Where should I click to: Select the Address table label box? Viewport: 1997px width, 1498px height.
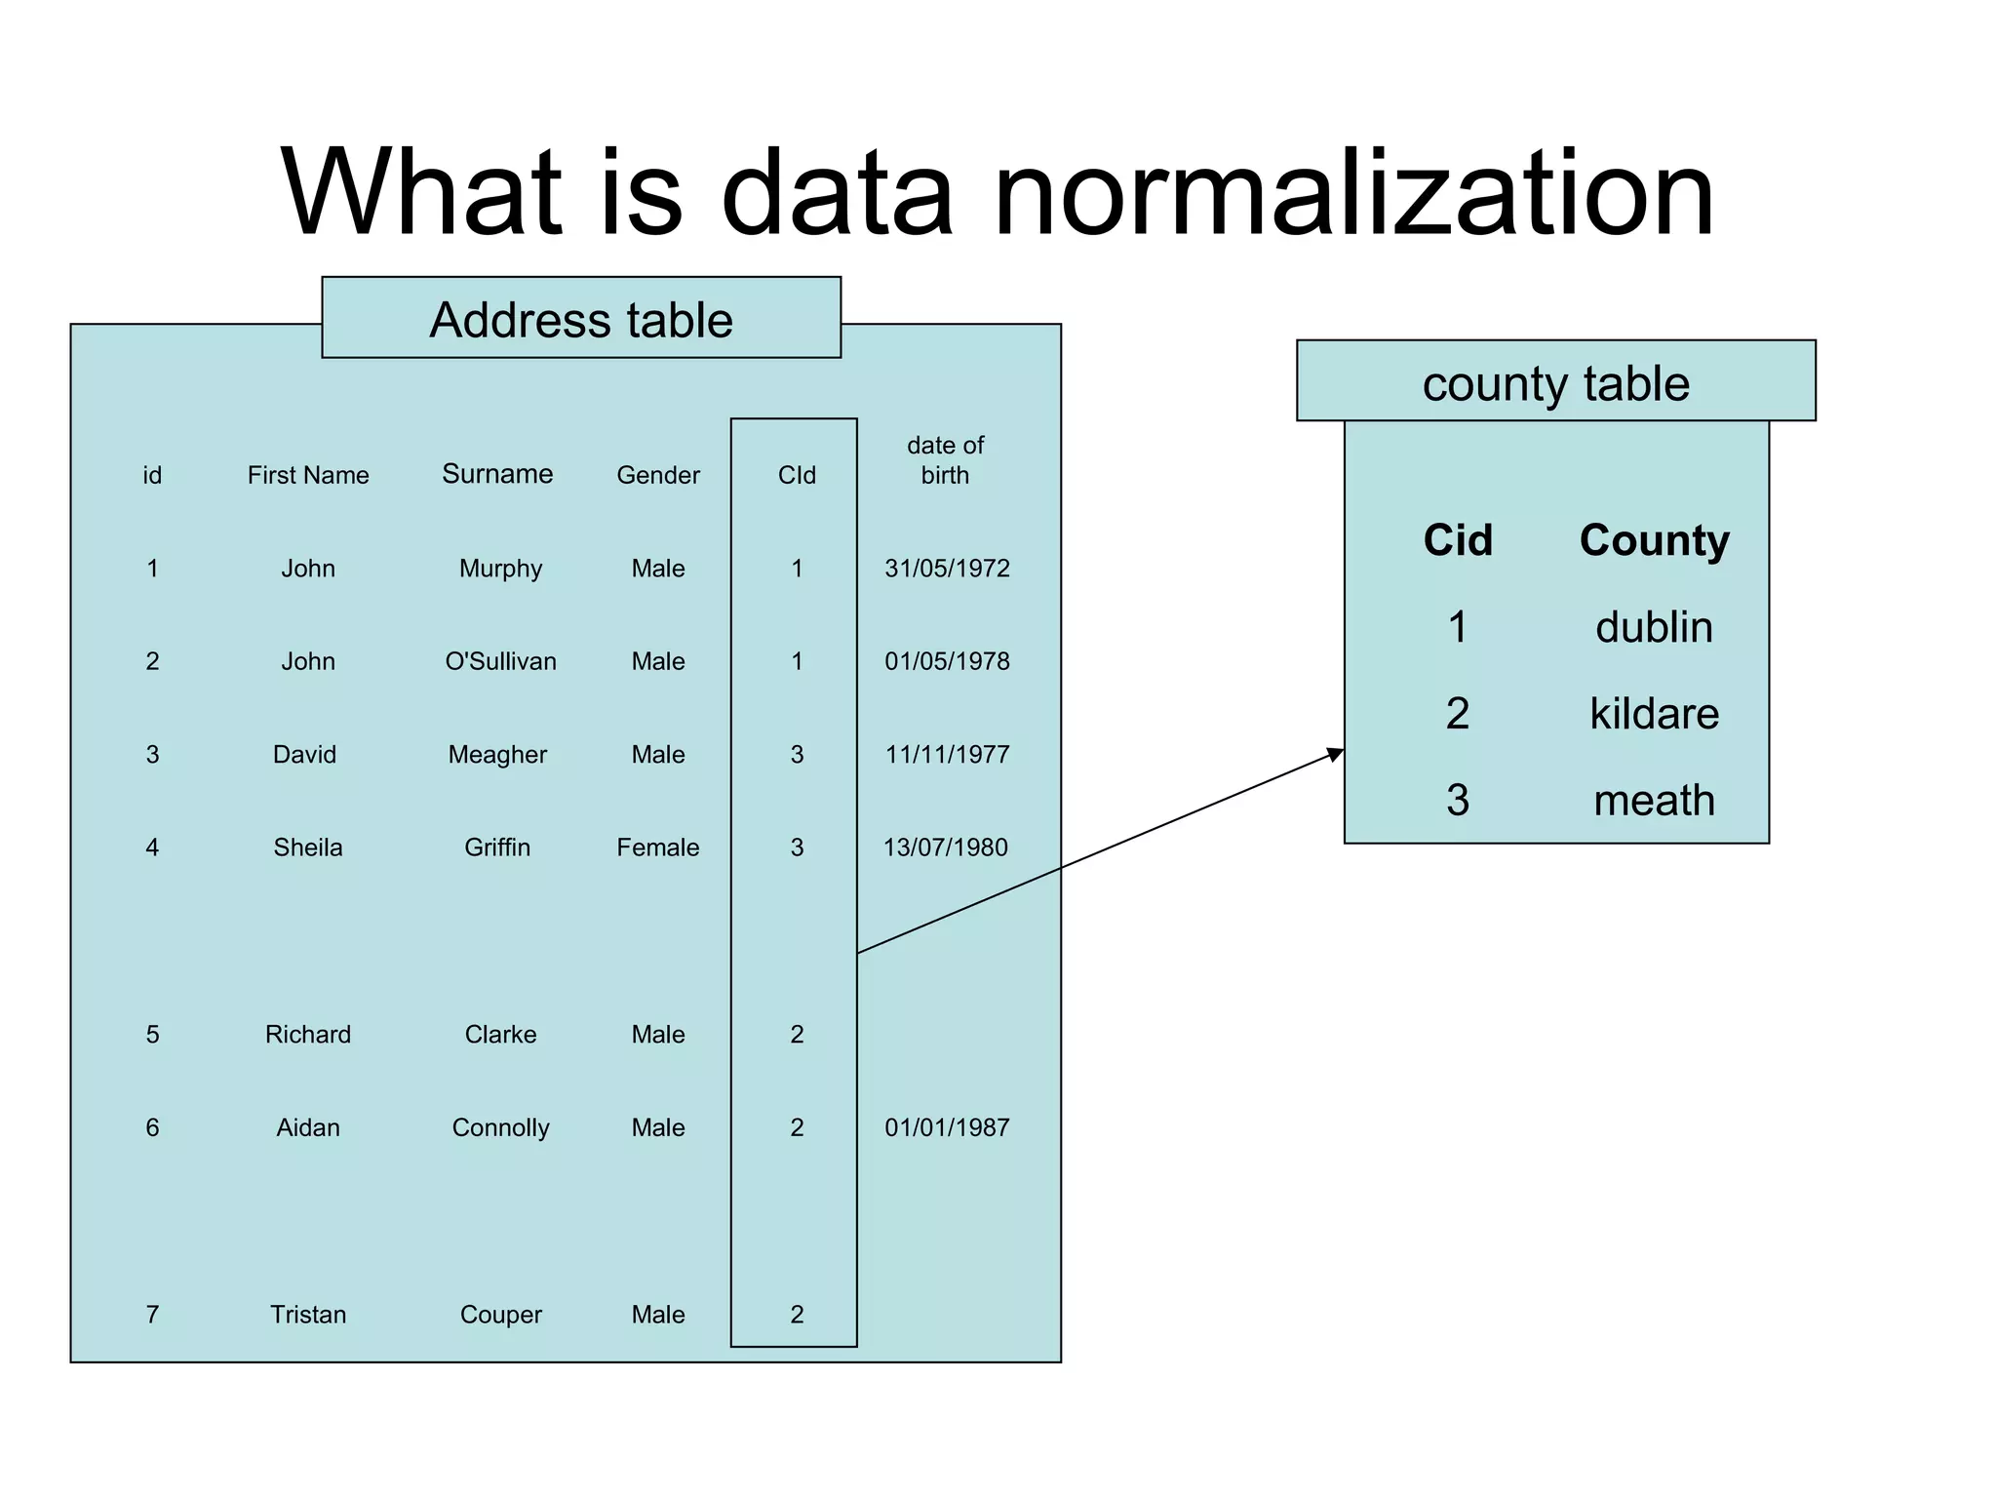[581, 318]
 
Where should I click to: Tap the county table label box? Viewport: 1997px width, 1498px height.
[1555, 381]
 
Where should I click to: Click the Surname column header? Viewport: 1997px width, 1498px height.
[497, 474]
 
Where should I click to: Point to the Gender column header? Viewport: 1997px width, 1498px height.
[658, 475]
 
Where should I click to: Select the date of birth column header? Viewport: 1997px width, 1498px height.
[945, 460]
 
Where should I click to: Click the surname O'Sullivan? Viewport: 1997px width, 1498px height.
[500, 661]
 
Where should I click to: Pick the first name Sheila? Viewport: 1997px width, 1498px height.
[308, 848]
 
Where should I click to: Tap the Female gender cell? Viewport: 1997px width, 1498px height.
[658, 848]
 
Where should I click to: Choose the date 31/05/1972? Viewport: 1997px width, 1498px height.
[947, 569]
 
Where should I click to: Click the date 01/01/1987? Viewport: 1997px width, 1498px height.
[947, 1127]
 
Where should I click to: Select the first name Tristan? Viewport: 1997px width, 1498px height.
[308, 1315]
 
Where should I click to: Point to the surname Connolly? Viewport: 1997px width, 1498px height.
[500, 1127]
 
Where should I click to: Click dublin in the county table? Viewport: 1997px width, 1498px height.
[1654, 627]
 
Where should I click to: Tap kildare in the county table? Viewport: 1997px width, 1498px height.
[1654, 714]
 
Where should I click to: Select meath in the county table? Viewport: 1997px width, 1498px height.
[1654, 801]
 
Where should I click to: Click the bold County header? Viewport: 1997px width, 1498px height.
[1654, 540]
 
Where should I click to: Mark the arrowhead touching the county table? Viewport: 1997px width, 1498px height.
[1336, 754]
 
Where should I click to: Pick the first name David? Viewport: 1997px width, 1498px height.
[304, 755]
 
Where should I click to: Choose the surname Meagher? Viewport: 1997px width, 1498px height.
[497, 755]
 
